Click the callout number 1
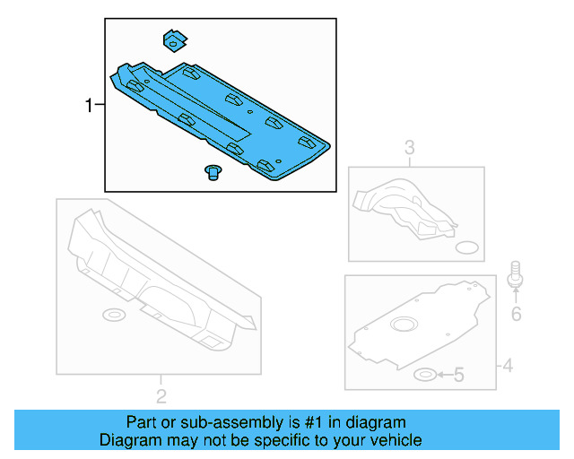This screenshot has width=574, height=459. pos(89,107)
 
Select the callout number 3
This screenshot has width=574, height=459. pos(409,147)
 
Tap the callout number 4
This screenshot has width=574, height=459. pos(507,365)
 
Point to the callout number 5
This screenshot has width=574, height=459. pos(458,375)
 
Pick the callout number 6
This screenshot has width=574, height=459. pos(516,313)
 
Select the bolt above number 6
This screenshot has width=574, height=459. pos(515,274)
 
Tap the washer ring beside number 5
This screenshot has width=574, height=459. pos(427,374)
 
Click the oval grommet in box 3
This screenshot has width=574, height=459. pos(468,247)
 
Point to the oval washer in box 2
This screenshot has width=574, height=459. pos(114,316)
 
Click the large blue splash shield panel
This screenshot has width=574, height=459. pos(224,117)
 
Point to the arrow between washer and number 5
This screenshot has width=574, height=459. pos(445,375)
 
